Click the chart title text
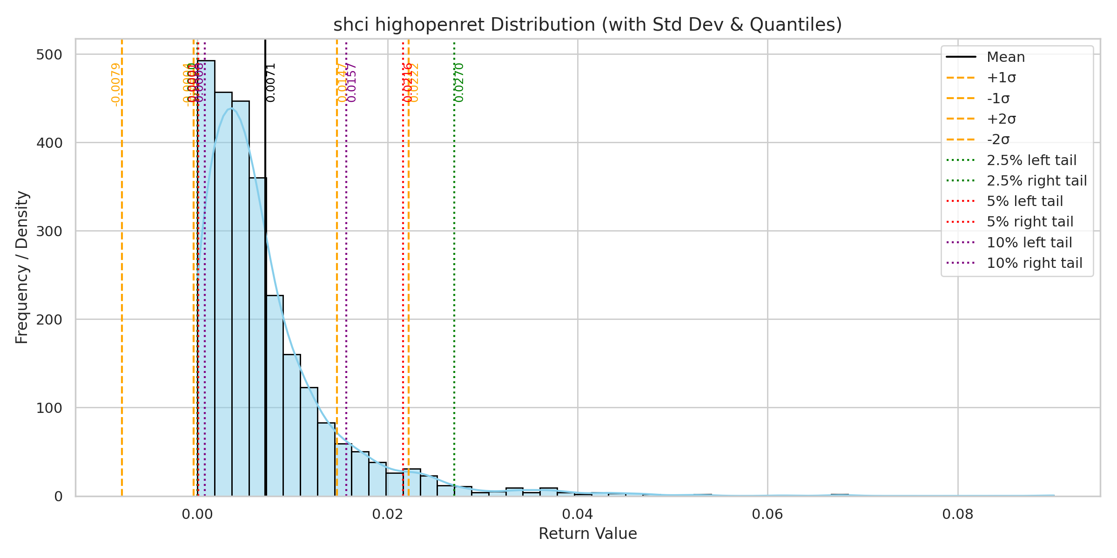click(587, 25)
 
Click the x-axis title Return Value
click(587, 533)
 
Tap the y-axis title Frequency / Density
click(22, 267)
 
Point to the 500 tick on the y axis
click(49, 54)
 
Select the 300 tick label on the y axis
click(49, 231)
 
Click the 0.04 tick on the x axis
click(577, 514)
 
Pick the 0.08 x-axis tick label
click(957, 514)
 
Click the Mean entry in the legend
click(1005, 57)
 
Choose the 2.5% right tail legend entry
click(1036, 180)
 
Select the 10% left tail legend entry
click(1029, 242)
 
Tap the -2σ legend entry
click(998, 139)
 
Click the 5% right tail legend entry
click(1030, 222)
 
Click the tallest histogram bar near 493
click(206, 279)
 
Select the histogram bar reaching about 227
click(275, 395)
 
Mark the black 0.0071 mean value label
click(271, 82)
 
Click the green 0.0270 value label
click(459, 82)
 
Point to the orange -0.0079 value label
click(116, 85)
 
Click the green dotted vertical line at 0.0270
click(454, 279)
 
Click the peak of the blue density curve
click(231, 108)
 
